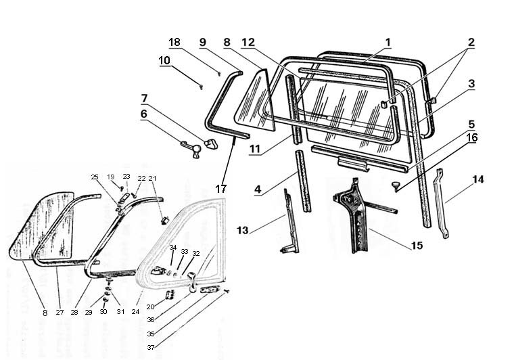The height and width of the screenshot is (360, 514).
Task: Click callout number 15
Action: point(417,245)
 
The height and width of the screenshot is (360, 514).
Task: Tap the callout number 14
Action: point(478,181)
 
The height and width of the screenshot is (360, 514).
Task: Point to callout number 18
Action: point(174,42)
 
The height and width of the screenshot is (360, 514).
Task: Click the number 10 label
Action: point(165,60)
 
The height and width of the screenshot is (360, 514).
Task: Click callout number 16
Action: point(471,137)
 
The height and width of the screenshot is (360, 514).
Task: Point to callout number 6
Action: point(143,115)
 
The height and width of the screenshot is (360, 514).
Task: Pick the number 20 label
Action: point(150,307)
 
